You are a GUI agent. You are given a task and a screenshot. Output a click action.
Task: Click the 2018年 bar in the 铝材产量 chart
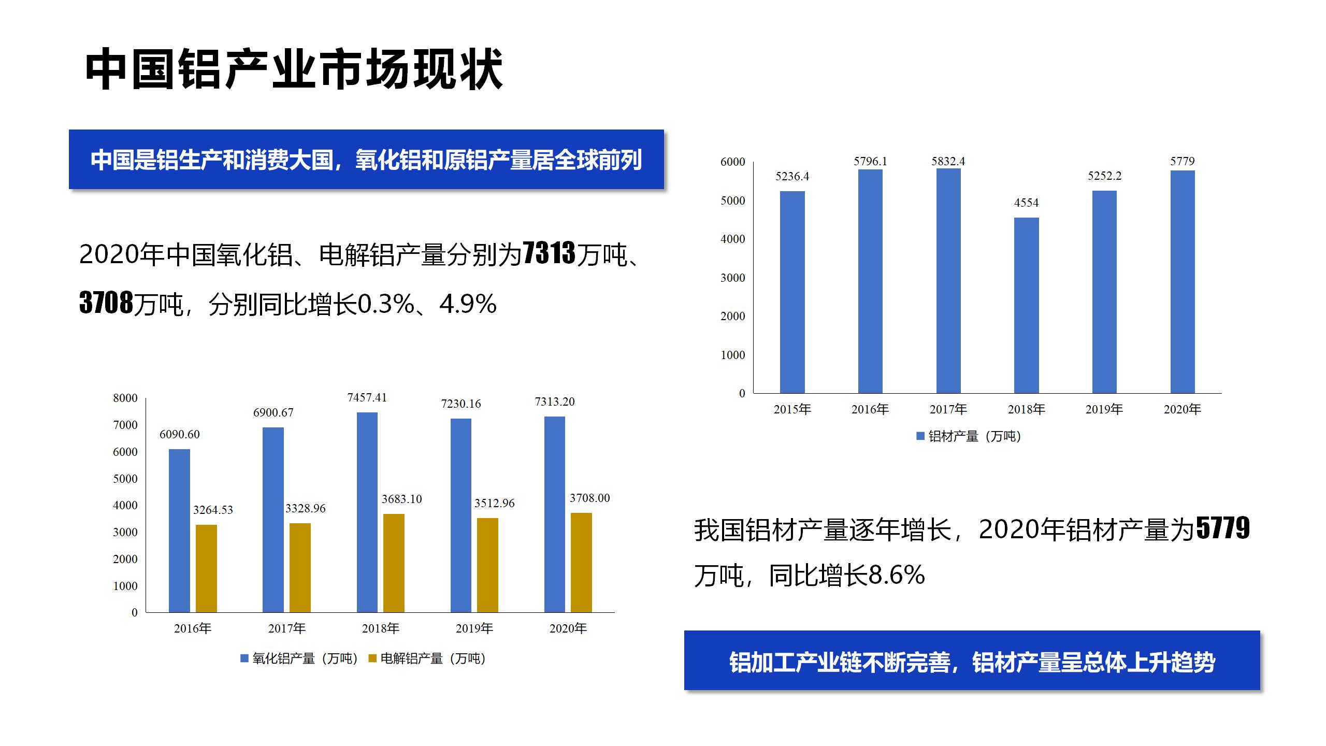(1026, 305)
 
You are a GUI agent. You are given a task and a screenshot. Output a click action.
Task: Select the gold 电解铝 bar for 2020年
(581, 563)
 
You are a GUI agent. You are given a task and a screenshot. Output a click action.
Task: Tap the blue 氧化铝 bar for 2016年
(179, 530)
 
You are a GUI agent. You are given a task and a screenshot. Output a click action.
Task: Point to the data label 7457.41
(367, 398)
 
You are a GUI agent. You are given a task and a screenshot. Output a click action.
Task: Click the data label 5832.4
(948, 162)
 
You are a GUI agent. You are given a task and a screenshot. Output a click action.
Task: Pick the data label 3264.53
(213, 510)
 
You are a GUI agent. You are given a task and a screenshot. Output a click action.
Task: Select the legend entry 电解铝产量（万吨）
(427, 658)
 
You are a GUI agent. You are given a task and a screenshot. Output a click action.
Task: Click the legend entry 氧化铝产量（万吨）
(299, 658)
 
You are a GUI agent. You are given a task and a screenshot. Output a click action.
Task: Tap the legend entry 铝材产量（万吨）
(969, 436)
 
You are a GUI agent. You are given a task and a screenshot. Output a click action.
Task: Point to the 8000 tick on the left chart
(125, 398)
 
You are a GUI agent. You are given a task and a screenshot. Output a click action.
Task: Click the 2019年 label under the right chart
(1104, 409)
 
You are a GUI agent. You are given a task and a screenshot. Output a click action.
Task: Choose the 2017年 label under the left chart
(286, 628)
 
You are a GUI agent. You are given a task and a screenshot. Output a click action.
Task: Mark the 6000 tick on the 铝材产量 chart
(732, 162)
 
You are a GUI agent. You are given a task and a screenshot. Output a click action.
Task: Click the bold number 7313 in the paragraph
(549, 253)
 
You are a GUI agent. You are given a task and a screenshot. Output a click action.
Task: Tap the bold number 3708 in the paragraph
(106, 303)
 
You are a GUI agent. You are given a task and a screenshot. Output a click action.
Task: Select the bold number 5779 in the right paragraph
(1223, 528)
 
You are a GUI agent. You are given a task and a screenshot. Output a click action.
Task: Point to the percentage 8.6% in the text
(897, 575)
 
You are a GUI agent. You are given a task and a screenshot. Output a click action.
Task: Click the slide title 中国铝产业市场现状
(294, 69)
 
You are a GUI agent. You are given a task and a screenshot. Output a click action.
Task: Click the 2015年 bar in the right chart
(792, 292)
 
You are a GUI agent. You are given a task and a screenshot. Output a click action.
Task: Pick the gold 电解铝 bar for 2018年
(394, 563)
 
